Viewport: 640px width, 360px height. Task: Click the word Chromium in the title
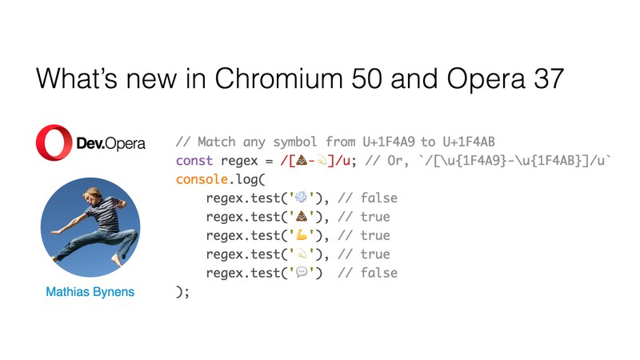(278, 78)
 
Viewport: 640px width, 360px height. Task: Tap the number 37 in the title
(549, 78)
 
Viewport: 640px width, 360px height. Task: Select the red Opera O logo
(54, 142)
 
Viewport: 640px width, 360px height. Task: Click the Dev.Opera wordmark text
(110, 144)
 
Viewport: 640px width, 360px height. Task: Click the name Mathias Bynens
(90, 292)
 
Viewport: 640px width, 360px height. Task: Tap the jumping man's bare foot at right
(117, 259)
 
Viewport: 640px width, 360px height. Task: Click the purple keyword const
(194, 161)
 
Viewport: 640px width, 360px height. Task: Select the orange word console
(202, 179)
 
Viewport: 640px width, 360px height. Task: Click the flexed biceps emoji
(302, 235)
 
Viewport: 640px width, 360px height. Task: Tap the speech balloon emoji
(302, 273)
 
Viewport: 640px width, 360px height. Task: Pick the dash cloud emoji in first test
(302, 198)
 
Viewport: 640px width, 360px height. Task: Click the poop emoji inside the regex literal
(302, 161)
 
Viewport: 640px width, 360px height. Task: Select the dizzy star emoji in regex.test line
(302, 254)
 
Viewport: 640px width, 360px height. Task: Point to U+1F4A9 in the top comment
(389, 142)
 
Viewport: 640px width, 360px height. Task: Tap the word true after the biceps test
(375, 235)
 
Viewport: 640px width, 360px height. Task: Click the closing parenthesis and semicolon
(182, 292)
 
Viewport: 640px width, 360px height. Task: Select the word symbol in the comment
(295, 142)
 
